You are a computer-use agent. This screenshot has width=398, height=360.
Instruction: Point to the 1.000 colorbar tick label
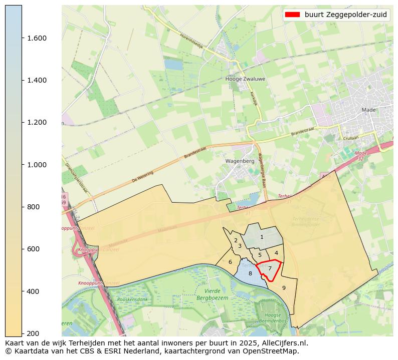pyautogui.click(x=36, y=165)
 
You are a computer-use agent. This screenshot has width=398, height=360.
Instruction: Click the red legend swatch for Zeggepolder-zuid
pyautogui.click(x=292, y=15)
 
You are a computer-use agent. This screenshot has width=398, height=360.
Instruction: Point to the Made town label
pyautogui.click(x=368, y=110)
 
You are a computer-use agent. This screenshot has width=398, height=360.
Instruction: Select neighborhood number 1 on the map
pyautogui.click(x=262, y=237)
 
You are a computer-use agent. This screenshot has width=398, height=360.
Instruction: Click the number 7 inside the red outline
pyautogui.click(x=270, y=268)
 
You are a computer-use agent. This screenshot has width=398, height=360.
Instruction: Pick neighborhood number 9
pyautogui.click(x=284, y=288)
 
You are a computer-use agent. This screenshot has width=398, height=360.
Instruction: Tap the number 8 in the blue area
pyautogui.click(x=250, y=273)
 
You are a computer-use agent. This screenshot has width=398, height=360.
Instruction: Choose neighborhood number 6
pyautogui.click(x=230, y=262)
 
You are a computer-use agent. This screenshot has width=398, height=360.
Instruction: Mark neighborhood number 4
pyautogui.click(x=276, y=253)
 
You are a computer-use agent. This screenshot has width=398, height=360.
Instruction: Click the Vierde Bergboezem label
pyautogui.click(x=216, y=294)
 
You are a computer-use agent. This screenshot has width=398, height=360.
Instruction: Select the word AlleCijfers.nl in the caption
pyautogui.click(x=282, y=343)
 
